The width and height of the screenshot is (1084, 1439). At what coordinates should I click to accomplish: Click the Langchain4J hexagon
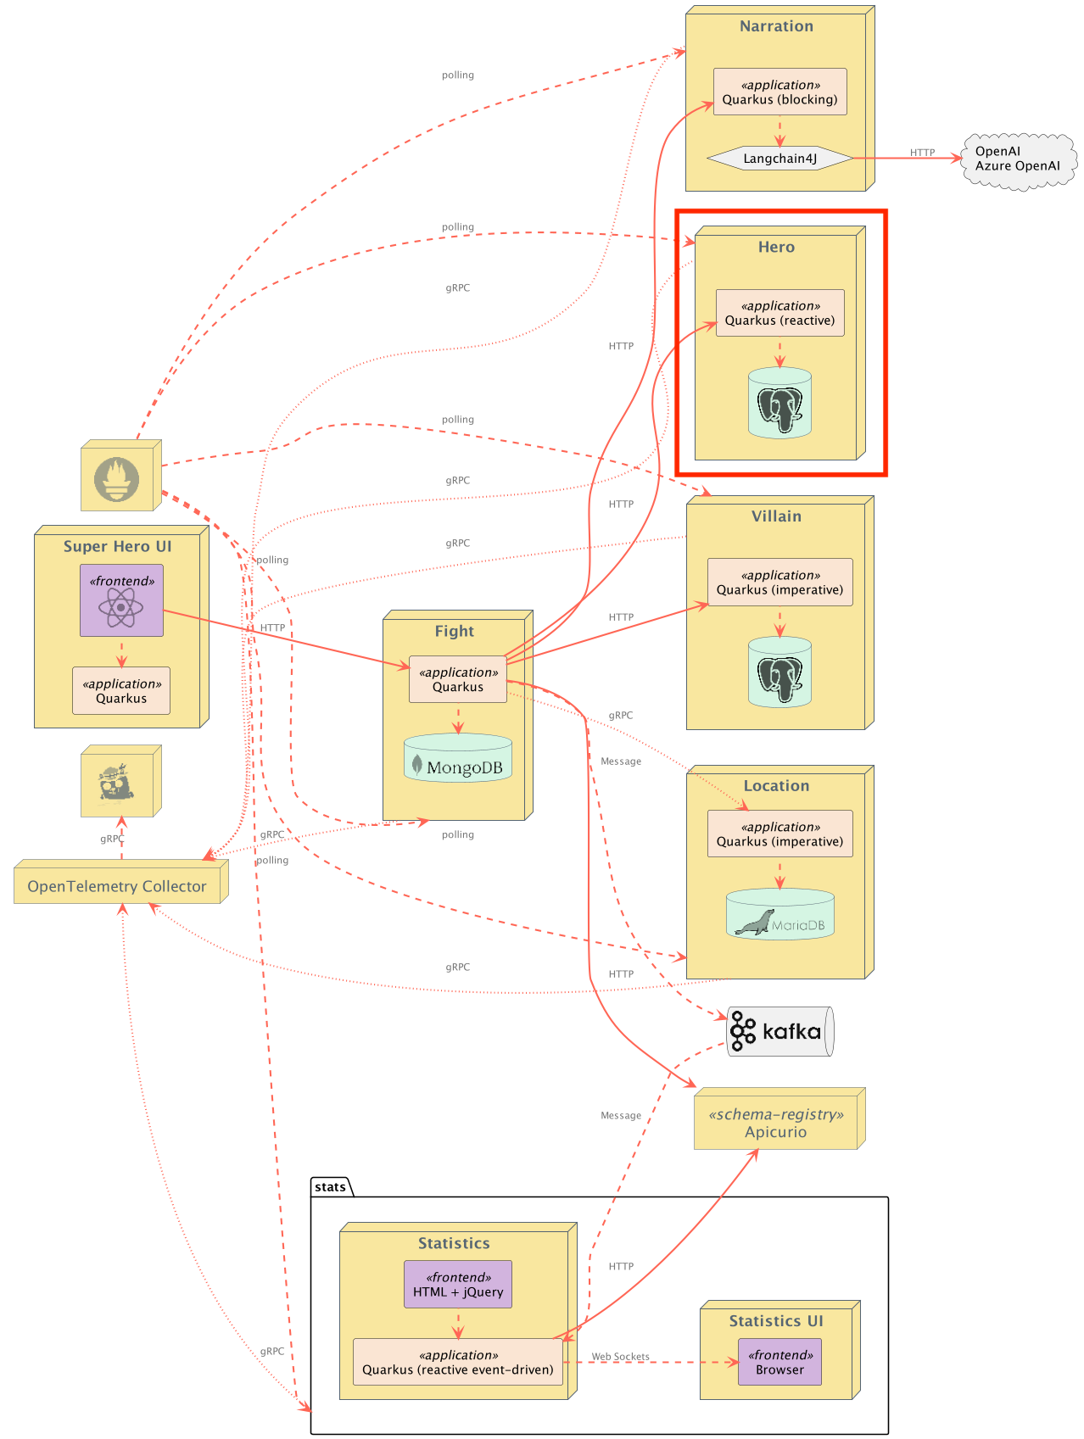[x=779, y=159]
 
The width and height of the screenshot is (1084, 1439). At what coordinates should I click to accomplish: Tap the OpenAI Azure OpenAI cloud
[x=1018, y=159]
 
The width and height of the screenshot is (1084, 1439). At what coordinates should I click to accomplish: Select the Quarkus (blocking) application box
[x=779, y=92]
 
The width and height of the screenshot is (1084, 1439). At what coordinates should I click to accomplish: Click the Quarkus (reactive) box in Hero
[x=779, y=313]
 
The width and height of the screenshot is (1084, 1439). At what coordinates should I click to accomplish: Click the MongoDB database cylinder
[x=458, y=758]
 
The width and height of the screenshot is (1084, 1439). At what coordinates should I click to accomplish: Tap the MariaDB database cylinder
[x=780, y=914]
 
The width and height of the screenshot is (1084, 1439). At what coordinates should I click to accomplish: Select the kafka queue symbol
[x=780, y=1031]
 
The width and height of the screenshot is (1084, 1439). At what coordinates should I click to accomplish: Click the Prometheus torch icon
[x=117, y=479]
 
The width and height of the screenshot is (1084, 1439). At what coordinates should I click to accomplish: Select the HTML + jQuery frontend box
[x=458, y=1285]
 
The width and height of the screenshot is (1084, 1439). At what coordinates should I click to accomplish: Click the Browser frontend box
[x=779, y=1362]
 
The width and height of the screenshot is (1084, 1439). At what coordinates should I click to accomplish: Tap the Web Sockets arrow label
[x=621, y=1357]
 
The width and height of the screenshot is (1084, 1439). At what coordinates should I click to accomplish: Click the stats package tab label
[x=330, y=1187]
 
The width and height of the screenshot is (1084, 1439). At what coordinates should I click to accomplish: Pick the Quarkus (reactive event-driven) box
[x=458, y=1362]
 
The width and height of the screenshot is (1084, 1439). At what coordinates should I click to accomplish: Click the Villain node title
[x=776, y=516]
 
